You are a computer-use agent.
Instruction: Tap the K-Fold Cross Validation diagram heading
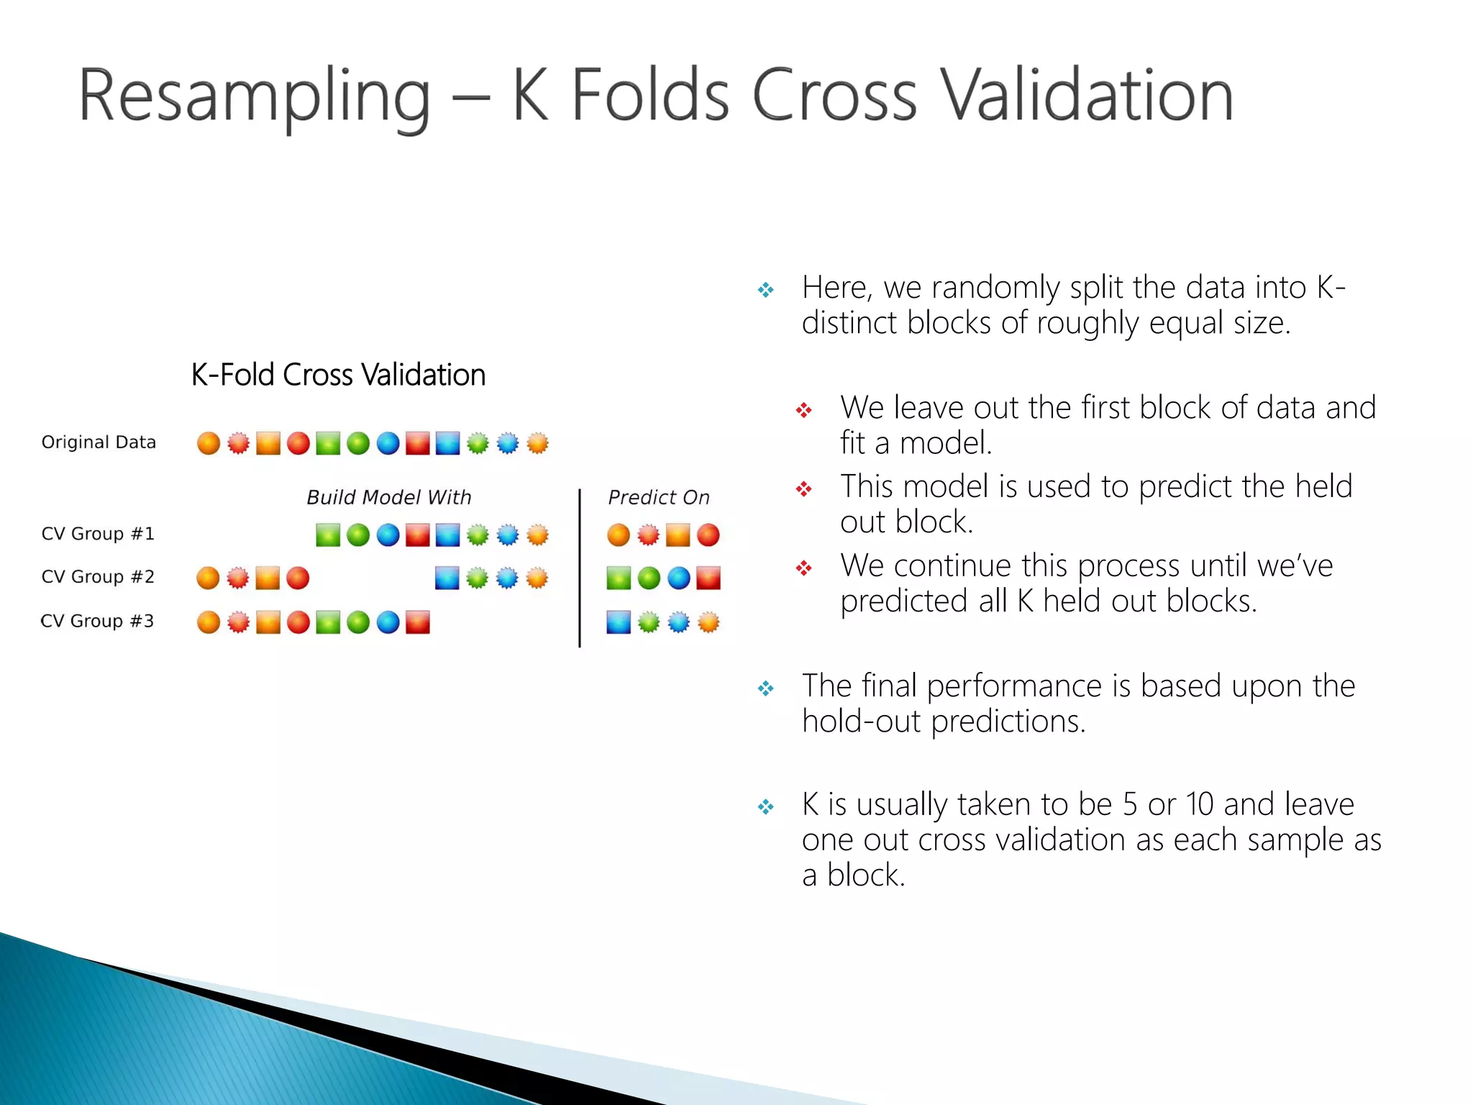tap(338, 375)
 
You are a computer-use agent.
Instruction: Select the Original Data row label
tap(99, 442)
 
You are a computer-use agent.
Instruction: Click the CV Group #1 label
tap(98, 534)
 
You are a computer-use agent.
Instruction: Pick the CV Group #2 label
tap(98, 577)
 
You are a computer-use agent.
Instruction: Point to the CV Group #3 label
tap(97, 621)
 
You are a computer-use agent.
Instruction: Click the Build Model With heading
tap(388, 497)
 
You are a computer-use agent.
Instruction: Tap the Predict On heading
tap(658, 497)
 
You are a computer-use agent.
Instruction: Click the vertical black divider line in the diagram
tap(580, 568)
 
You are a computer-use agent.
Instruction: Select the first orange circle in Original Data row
tap(209, 443)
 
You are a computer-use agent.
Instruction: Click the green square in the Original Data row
tap(328, 443)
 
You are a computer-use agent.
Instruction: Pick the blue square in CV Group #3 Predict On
tap(619, 622)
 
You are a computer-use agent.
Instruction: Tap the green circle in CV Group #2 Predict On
tap(649, 578)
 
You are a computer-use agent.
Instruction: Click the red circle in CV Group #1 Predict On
tap(708, 535)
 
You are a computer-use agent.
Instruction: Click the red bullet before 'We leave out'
tap(804, 411)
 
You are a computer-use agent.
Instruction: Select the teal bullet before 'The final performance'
tap(766, 689)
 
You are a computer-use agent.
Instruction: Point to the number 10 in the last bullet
tap(1200, 804)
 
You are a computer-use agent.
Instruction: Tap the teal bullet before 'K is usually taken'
tap(766, 807)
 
